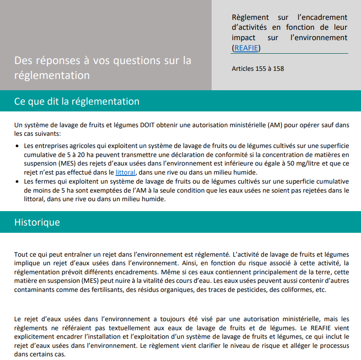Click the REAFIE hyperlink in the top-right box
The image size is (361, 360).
click(246, 48)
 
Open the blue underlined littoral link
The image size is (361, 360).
click(125, 172)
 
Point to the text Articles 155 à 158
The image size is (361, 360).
click(258, 69)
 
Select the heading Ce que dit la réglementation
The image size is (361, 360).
click(77, 101)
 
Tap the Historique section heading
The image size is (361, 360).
click(37, 222)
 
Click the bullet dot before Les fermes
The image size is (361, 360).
click(18, 182)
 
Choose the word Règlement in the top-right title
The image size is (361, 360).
click(250, 17)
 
